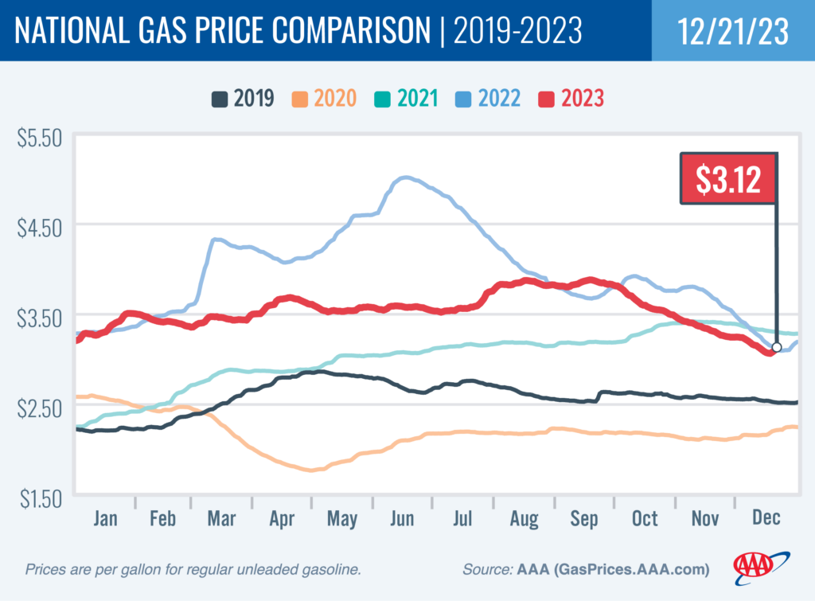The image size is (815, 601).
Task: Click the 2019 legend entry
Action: pos(243,99)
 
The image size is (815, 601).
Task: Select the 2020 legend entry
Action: pos(325,99)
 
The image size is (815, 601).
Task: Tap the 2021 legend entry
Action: pos(407,99)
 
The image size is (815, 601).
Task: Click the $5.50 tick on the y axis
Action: pos(40,138)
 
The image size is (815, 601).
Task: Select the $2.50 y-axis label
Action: pos(40,409)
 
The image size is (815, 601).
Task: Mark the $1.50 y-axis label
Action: pos(40,499)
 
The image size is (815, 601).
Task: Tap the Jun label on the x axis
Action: pos(403,518)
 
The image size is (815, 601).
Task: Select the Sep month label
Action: pos(584,518)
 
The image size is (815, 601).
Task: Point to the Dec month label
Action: pos(765,518)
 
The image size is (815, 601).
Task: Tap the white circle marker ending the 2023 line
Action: pos(777,347)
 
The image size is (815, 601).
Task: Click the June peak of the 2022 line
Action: pos(406,178)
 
